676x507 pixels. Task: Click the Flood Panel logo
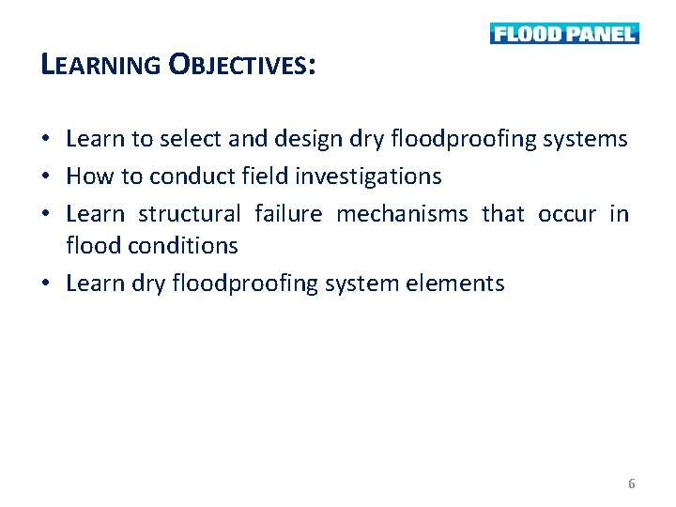coord(564,34)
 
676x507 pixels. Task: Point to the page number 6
coord(631,484)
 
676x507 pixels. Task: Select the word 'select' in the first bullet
coord(192,140)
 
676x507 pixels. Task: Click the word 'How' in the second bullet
coord(89,176)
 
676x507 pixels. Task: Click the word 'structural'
coord(189,213)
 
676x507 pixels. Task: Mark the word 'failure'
coord(288,213)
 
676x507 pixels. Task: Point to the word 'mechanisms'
coord(402,213)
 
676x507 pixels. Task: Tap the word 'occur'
coord(567,213)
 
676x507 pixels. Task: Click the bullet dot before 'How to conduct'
coord(46,177)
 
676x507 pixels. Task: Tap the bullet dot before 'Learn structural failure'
coord(46,214)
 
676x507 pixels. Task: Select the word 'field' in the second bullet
coord(266,176)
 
